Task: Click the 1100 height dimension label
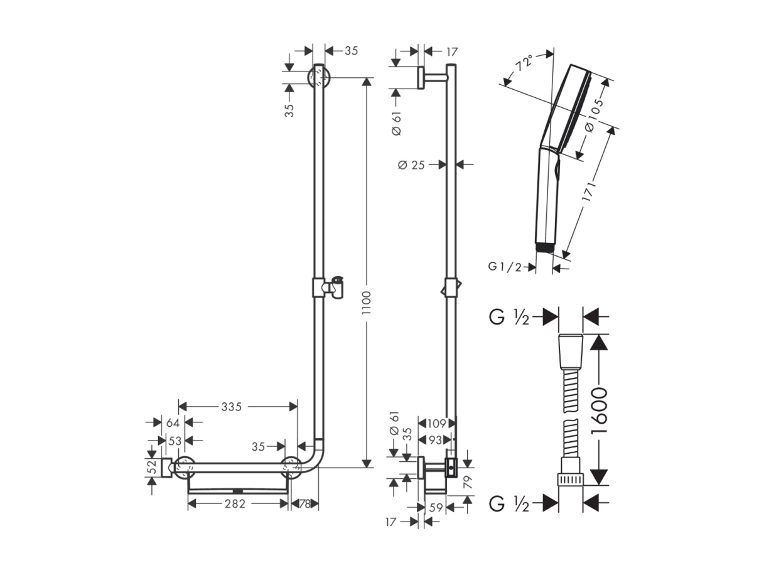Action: [366, 303]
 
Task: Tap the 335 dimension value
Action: [232, 406]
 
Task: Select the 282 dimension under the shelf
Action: [235, 504]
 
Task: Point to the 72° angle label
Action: [525, 63]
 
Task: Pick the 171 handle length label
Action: [589, 191]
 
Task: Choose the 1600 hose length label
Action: [600, 410]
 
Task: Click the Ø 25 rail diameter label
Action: [411, 165]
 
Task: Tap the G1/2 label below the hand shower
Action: [505, 267]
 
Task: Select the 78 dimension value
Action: [305, 504]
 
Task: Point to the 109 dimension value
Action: [436, 424]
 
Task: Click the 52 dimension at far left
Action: [152, 467]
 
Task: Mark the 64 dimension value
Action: [173, 423]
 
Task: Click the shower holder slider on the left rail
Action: [328, 287]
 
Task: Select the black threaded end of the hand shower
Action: [546, 248]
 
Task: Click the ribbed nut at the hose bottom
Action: [571, 479]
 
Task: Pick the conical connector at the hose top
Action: [571, 351]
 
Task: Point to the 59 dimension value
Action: [436, 508]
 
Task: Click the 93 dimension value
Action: [435, 441]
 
